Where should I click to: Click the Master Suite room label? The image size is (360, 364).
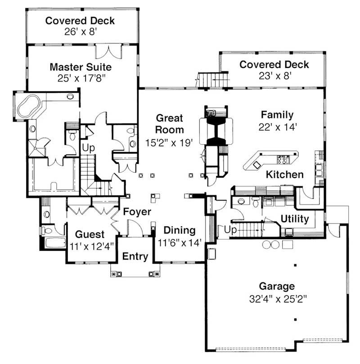click(x=81, y=67)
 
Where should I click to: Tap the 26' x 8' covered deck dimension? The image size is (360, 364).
click(x=80, y=32)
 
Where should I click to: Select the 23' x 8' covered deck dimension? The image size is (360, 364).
click(x=274, y=76)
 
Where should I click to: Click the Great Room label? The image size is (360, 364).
click(x=170, y=124)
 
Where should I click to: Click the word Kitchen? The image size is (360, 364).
click(x=284, y=174)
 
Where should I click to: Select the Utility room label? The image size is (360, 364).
click(x=295, y=219)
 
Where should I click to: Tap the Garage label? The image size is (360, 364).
click(x=277, y=286)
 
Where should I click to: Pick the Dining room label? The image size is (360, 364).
click(x=180, y=231)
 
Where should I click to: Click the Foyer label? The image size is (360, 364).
click(x=137, y=212)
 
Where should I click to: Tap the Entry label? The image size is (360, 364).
click(x=135, y=256)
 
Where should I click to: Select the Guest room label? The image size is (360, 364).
click(x=90, y=234)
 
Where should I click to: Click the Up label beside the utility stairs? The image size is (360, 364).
click(x=229, y=230)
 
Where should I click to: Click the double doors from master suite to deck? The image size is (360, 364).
click(x=108, y=52)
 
